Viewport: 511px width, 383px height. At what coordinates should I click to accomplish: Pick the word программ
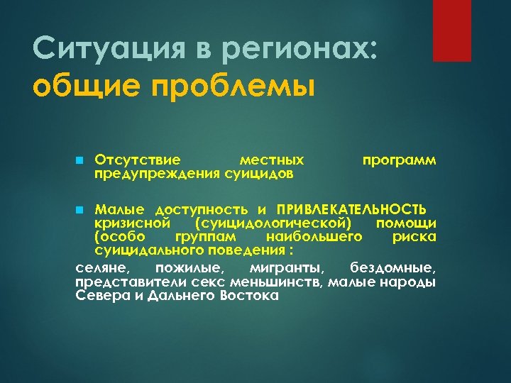(399, 161)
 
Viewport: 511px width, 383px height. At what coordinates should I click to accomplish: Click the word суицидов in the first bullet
(256, 172)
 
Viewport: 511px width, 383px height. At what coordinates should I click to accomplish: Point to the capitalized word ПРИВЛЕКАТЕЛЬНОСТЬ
(351, 209)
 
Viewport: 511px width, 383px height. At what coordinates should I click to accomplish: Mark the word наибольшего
(314, 236)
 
